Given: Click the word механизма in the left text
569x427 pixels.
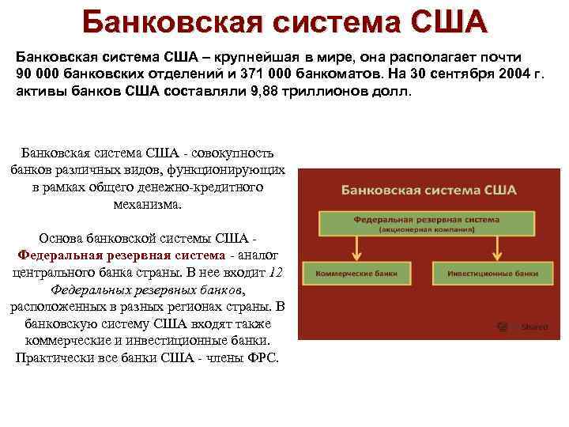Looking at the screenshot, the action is pos(147,204).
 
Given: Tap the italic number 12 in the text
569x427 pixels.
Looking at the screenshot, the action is pos(276,272).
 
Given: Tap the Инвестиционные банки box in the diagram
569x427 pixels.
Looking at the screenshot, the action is pos(492,273).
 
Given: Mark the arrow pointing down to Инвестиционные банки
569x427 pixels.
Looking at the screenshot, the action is pos(496,247).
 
